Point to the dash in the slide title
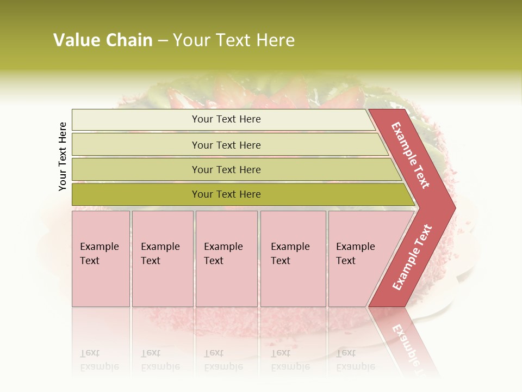(162, 41)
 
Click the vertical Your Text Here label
(63, 156)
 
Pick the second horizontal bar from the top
(226, 145)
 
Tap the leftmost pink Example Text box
(101, 259)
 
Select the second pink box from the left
(162, 259)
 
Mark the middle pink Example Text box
(226, 259)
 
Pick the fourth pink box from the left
(293, 259)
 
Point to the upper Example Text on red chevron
(411, 155)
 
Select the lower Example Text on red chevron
(412, 257)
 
